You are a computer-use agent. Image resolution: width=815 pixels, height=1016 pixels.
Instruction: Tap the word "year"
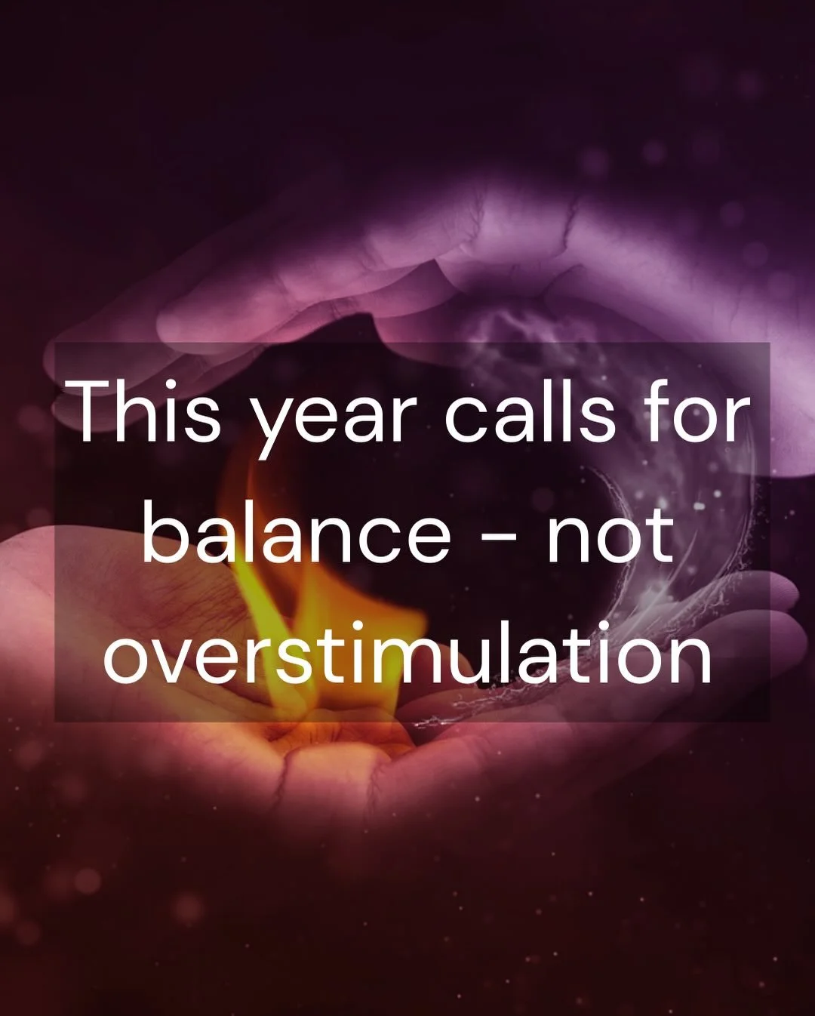click(x=333, y=420)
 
